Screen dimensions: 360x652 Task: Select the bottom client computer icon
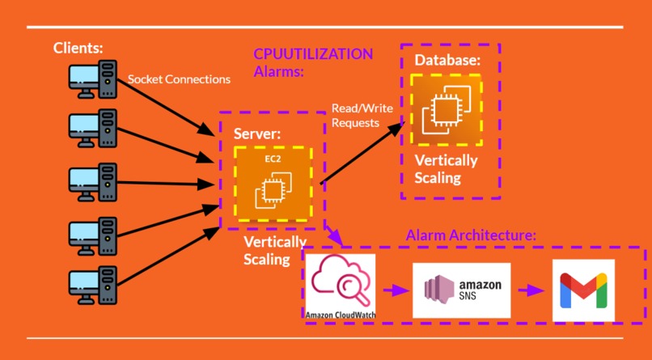(x=90, y=286)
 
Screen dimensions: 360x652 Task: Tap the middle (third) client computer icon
(x=90, y=181)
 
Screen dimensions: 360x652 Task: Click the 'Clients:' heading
(x=78, y=48)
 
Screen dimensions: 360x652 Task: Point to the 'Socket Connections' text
(x=179, y=79)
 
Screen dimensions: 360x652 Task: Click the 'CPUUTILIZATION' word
(x=313, y=54)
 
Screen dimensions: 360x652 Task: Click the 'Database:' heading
(x=447, y=61)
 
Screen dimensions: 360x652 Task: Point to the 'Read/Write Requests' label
(x=357, y=116)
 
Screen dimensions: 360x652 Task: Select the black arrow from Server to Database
(x=361, y=154)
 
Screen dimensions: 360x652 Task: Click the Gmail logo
(x=582, y=290)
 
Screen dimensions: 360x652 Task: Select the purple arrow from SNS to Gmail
(x=529, y=290)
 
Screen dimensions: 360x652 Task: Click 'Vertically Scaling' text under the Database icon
(x=446, y=168)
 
